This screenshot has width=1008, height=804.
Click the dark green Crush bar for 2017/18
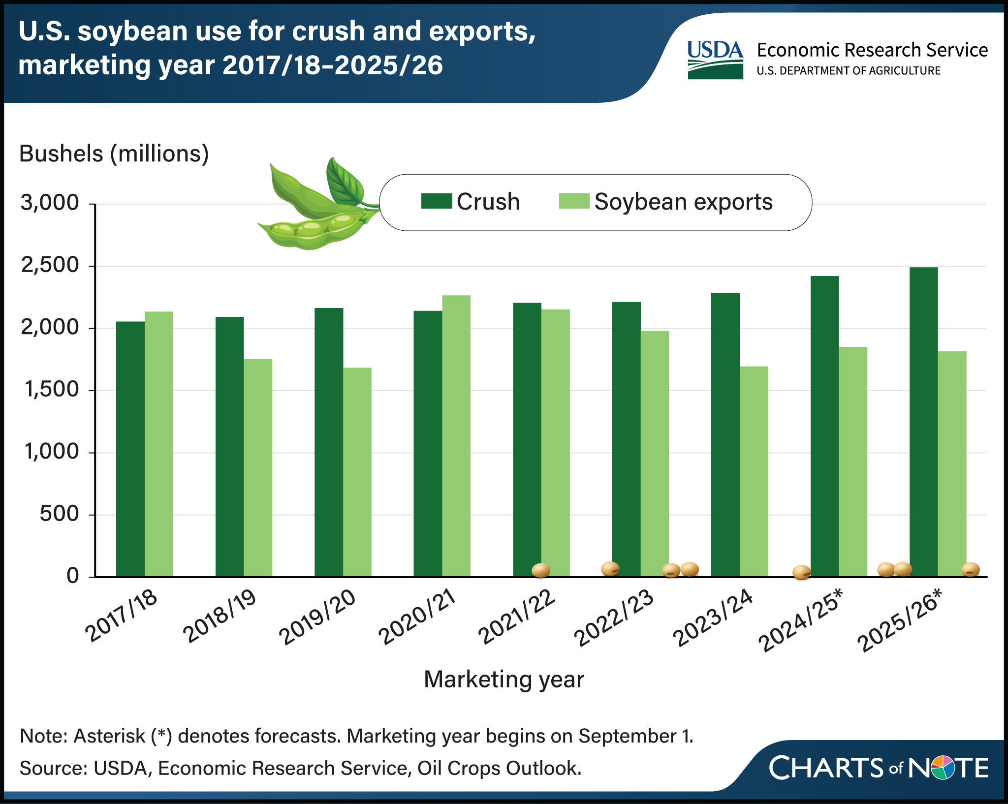[130, 449]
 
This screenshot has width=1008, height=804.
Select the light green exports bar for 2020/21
[456, 436]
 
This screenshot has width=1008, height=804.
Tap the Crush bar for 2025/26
[924, 422]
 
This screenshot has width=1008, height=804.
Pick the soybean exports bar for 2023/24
[754, 471]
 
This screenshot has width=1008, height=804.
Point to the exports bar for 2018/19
[258, 468]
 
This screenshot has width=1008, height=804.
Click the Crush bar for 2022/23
[627, 439]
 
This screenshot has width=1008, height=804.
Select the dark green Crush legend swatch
[437, 201]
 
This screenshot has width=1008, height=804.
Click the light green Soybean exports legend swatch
[574, 201]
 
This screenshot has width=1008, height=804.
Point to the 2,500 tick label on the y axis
[50, 265]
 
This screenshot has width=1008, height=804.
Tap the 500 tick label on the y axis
[59, 514]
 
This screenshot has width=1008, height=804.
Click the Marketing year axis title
[504, 680]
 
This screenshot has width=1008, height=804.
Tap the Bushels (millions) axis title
[114, 154]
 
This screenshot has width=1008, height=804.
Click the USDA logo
[715, 60]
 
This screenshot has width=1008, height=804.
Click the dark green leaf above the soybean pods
[345, 182]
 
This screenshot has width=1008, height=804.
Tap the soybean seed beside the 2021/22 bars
[541, 570]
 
